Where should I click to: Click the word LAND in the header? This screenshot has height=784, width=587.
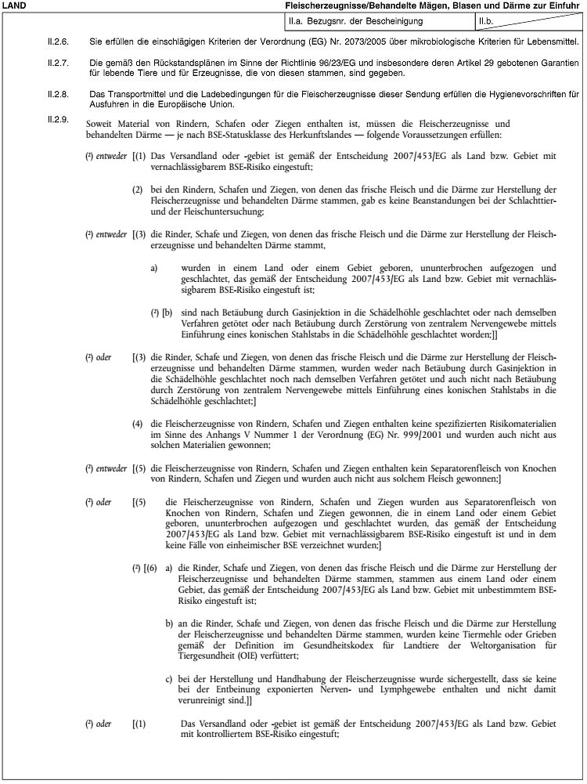[x=14, y=6]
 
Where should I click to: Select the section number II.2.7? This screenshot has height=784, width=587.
[x=59, y=61]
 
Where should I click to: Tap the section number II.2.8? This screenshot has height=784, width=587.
[x=59, y=93]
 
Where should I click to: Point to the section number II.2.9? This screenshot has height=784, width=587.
[x=59, y=120]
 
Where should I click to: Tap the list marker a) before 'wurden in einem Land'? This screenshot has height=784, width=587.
[x=154, y=267]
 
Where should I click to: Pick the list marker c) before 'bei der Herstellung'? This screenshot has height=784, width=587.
[x=169, y=675]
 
